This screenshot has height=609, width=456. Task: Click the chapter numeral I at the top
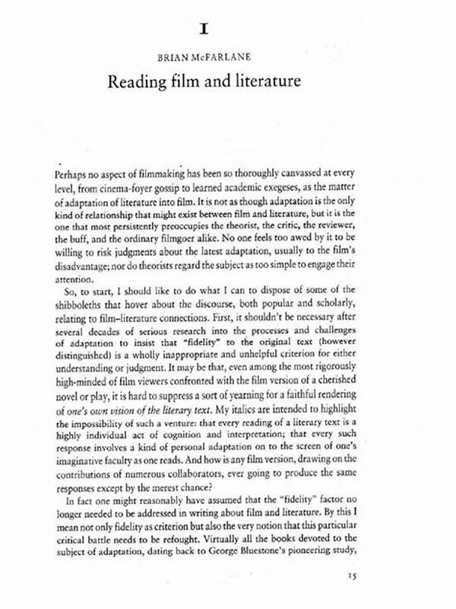pos(204,29)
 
